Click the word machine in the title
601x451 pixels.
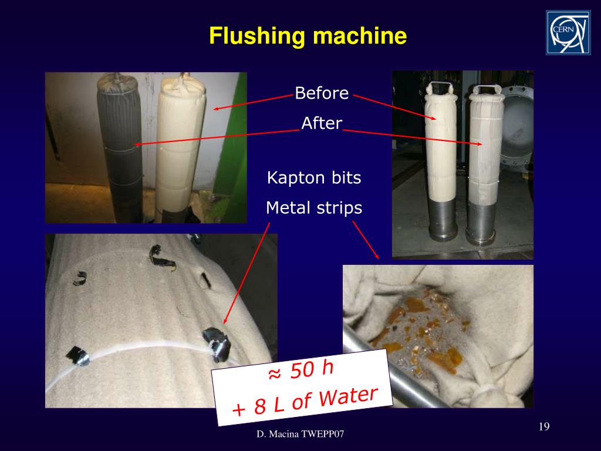click(360, 36)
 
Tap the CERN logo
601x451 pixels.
click(568, 33)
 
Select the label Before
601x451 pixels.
click(322, 93)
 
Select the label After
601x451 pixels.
click(322, 123)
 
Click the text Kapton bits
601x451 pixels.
click(314, 177)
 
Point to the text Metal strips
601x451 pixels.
click(314, 208)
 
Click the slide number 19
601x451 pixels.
click(544, 426)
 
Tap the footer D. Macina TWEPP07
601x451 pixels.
click(300, 434)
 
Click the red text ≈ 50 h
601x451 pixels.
click(301, 370)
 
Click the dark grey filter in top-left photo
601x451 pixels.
click(120, 147)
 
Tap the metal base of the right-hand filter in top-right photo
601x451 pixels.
click(481, 223)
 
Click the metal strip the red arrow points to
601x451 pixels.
click(218, 342)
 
